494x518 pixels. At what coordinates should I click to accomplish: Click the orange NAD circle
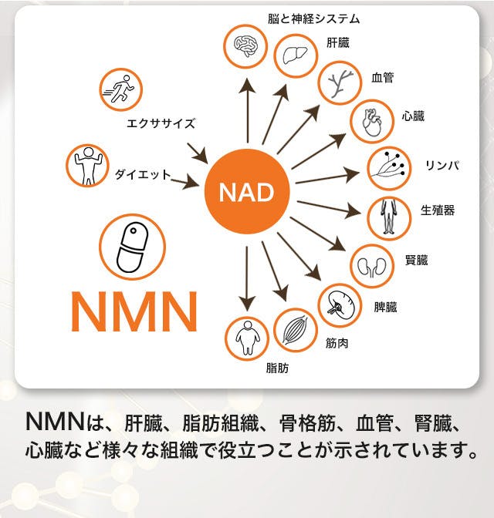click(x=247, y=191)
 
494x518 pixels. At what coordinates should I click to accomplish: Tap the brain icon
click(x=245, y=46)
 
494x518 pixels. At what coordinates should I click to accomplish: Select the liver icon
click(x=296, y=55)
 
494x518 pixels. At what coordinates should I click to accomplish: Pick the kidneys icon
click(x=372, y=266)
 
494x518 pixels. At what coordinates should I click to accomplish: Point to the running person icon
click(x=120, y=89)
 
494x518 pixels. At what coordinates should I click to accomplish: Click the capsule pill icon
click(x=132, y=247)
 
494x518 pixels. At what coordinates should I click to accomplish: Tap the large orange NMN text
click(x=134, y=311)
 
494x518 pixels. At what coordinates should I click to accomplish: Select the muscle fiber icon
click(x=296, y=330)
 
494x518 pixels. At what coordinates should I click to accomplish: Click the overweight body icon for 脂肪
click(x=246, y=338)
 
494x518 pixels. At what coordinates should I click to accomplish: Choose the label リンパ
click(x=442, y=165)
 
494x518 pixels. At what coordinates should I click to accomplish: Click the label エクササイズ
click(x=161, y=123)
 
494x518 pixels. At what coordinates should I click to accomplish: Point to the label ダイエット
click(x=143, y=174)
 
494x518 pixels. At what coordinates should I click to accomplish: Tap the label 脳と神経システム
click(x=313, y=18)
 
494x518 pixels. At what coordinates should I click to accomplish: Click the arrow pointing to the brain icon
click(x=247, y=111)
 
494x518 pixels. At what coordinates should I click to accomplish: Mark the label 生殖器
click(x=438, y=210)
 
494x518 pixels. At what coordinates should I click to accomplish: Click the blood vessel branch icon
click(x=340, y=83)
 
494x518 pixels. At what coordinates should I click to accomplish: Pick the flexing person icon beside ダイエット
click(x=88, y=166)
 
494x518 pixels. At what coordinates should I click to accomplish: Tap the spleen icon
click(x=340, y=305)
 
